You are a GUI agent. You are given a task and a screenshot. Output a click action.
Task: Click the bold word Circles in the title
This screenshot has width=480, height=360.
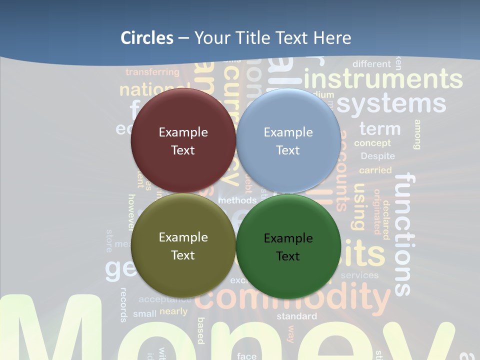pyautogui.click(x=147, y=38)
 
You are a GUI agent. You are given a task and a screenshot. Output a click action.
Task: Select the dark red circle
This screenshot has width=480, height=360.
pyautogui.click(x=183, y=140)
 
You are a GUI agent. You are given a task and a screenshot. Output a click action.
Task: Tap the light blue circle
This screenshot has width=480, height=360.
pyautogui.click(x=288, y=140)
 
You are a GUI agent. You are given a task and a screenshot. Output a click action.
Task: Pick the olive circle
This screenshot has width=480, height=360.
pyautogui.click(x=183, y=245)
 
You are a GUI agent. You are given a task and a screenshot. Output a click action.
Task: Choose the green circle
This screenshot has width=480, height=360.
pyautogui.click(x=288, y=246)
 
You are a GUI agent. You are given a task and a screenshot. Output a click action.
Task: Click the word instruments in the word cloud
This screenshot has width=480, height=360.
pyautogui.click(x=383, y=79)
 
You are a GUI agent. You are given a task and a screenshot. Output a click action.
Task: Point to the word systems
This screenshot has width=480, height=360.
pyautogui.click(x=391, y=104)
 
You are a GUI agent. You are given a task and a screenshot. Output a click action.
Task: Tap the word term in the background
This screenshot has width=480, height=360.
pyautogui.click(x=380, y=129)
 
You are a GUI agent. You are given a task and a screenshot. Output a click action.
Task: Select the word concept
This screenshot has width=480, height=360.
pyautogui.click(x=372, y=143)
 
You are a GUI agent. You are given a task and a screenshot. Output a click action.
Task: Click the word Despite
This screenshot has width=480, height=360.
pyautogui.click(x=378, y=156)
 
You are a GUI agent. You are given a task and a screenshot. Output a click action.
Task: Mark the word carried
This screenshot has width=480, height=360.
pyautogui.click(x=375, y=170)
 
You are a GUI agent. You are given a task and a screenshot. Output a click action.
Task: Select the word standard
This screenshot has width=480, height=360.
pyautogui.click(x=296, y=316)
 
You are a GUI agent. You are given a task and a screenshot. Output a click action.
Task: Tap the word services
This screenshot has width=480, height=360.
pyautogui.click(x=359, y=275)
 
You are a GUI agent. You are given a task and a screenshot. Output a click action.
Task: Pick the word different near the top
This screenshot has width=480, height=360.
pyautogui.click(x=371, y=64)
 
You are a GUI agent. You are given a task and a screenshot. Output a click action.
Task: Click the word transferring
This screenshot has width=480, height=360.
pyautogui.click(x=152, y=72)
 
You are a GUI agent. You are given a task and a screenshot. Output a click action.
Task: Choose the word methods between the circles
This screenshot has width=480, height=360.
pyautogui.click(x=237, y=200)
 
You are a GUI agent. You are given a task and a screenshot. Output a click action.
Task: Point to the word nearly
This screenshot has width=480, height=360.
pyautogui.click(x=173, y=311)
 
